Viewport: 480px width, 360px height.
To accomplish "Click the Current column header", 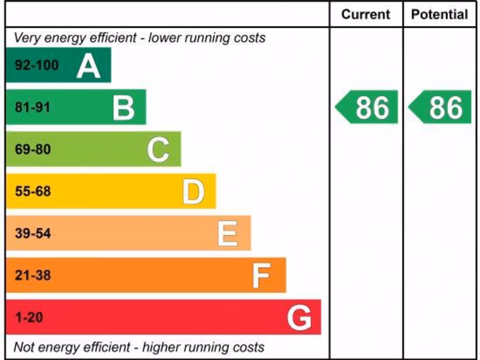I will tap(366, 15).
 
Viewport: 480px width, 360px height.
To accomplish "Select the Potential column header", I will tap(439, 15).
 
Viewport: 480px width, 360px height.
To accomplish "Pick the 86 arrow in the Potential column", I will tap(441, 107).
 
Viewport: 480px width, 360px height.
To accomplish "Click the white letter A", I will tap(88, 66).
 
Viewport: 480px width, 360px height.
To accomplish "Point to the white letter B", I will tap(123, 108).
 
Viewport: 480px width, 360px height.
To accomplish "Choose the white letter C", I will tap(158, 150).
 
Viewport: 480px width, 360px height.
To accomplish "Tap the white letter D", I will tap(193, 192).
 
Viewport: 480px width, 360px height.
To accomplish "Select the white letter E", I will tap(228, 233).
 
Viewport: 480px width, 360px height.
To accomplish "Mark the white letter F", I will tap(261, 276).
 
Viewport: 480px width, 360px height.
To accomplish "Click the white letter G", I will tap(299, 318).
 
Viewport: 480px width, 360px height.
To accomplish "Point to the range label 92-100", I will tap(37, 65).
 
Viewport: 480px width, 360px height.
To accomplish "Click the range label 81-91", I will tap(32, 107).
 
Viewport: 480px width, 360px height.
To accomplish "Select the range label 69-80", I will tap(33, 150).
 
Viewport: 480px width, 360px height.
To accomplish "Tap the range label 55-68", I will tap(33, 191).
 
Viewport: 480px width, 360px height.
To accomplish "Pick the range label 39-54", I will tap(33, 233).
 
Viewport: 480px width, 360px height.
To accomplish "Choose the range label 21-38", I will tap(33, 275).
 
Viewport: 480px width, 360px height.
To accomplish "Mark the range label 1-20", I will tap(29, 317).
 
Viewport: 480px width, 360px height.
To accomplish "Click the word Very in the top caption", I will tap(26, 38).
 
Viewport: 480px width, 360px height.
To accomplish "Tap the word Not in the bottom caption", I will tap(24, 347).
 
